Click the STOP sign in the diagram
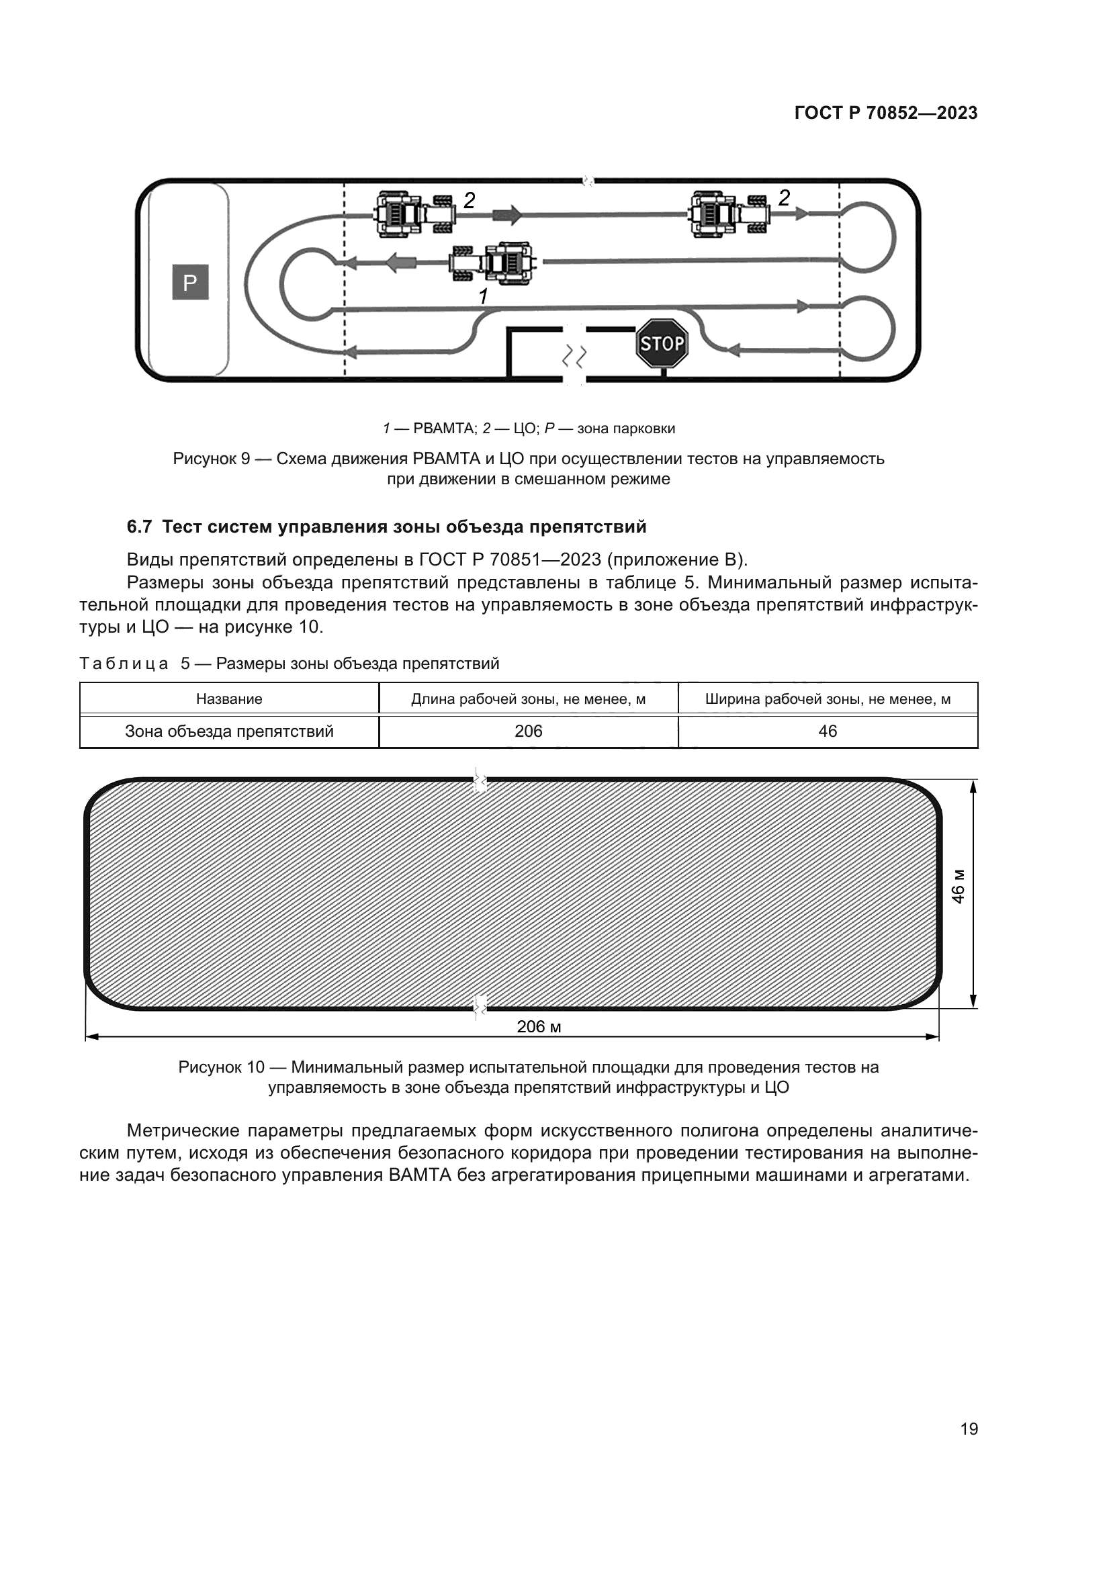[661, 343]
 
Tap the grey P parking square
[190, 282]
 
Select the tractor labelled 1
[494, 262]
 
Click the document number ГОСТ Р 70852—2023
[886, 114]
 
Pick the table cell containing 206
[528, 731]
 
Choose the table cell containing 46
[827, 731]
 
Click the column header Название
[229, 699]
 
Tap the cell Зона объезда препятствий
[229, 731]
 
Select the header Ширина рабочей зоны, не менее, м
[827, 699]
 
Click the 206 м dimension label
[539, 1026]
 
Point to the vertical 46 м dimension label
[959, 887]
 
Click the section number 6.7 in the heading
[139, 527]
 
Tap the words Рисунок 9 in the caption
[212, 459]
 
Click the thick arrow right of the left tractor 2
[507, 215]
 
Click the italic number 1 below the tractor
[483, 296]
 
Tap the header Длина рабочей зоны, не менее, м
[528, 699]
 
